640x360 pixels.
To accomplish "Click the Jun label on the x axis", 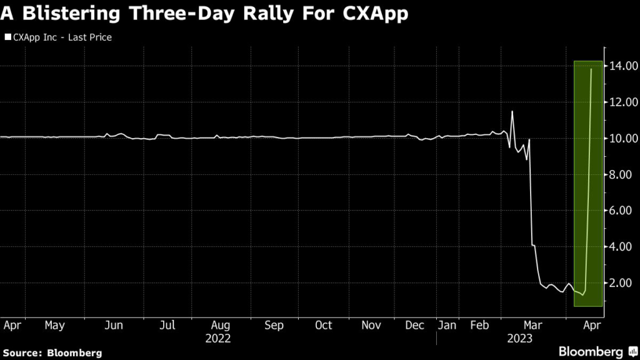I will click(x=113, y=326).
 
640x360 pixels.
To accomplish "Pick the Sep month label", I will click(x=274, y=326).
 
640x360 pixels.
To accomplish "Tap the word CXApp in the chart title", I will click(x=375, y=14).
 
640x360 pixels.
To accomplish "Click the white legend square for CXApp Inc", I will click(x=7, y=37).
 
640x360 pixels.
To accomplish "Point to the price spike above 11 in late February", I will click(x=512, y=111).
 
